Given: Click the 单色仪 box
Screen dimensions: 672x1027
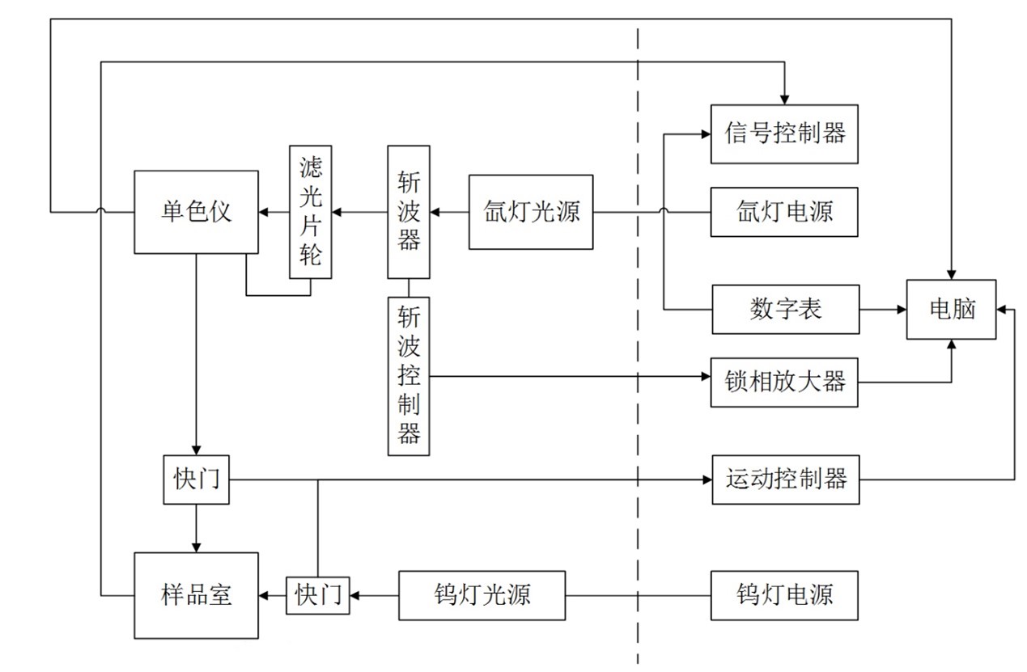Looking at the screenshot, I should [196, 212].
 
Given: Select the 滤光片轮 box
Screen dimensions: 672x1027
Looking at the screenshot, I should [311, 213].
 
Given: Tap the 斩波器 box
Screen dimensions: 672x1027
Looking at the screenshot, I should [409, 212].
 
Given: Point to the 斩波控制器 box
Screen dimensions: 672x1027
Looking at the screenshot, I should [409, 376].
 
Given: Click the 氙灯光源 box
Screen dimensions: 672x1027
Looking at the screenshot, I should [531, 212].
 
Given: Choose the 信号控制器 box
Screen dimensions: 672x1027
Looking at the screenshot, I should [784, 133].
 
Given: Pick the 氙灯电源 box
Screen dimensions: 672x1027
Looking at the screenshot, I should [784, 212].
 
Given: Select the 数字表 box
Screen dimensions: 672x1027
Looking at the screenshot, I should [785, 309].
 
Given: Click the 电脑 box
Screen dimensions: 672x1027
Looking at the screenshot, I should [951, 309].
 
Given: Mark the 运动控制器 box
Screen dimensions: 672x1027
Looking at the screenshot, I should [786, 480].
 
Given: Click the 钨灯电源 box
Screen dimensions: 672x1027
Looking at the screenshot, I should [784, 596].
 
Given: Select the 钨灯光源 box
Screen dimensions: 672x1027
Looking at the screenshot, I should [482, 596].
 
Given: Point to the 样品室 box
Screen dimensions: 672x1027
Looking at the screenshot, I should [196, 596].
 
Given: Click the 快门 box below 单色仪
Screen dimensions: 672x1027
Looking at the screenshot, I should [196, 480].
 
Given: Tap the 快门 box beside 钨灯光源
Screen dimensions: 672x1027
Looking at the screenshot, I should [317, 596].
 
